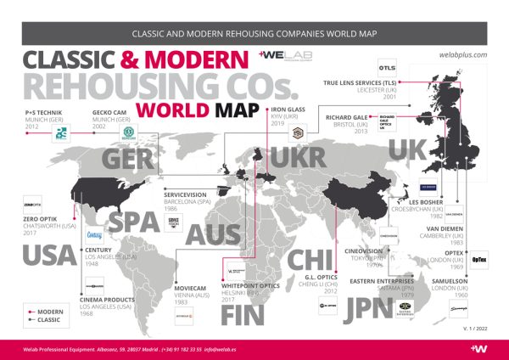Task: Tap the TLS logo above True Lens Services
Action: click(388, 67)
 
